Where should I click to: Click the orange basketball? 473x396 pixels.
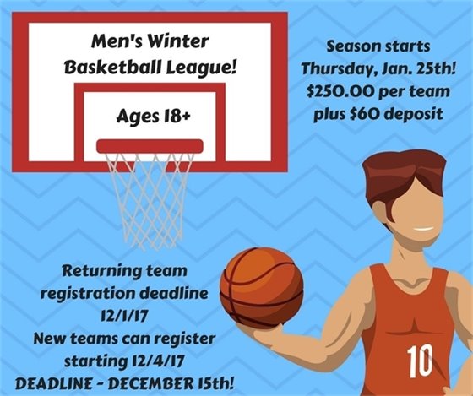click(261, 286)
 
